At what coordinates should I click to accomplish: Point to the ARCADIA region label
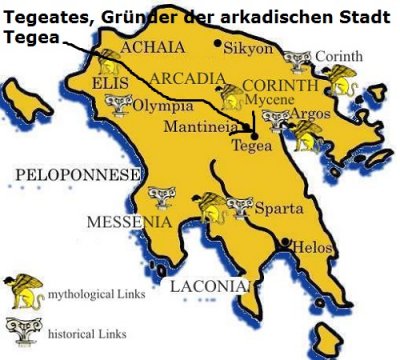click(x=184, y=78)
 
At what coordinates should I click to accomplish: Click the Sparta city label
click(x=275, y=210)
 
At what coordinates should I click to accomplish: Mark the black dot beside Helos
click(x=287, y=243)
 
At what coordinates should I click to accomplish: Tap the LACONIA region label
click(x=208, y=287)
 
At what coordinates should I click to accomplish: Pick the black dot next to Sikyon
click(x=219, y=45)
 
